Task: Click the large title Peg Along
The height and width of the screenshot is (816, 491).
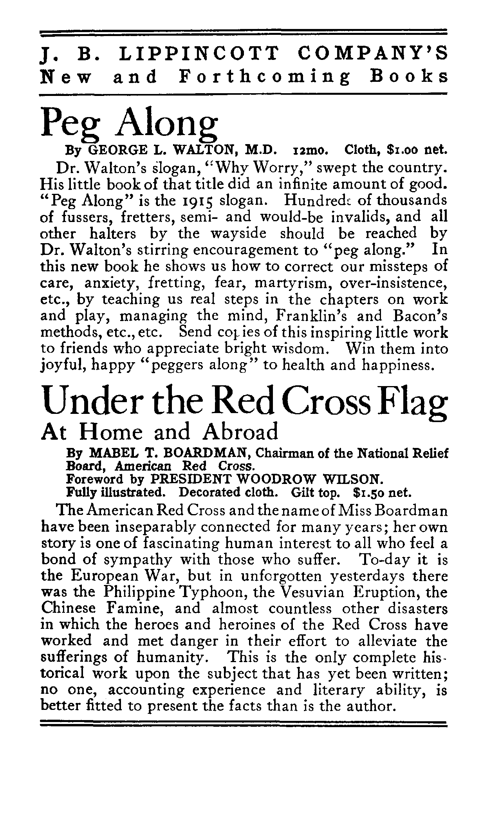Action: [x=129, y=123]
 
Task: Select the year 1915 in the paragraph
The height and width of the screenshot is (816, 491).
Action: [x=194, y=200]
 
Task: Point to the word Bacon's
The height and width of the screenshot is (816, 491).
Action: [x=421, y=316]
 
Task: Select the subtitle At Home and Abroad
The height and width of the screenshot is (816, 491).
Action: [x=160, y=432]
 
